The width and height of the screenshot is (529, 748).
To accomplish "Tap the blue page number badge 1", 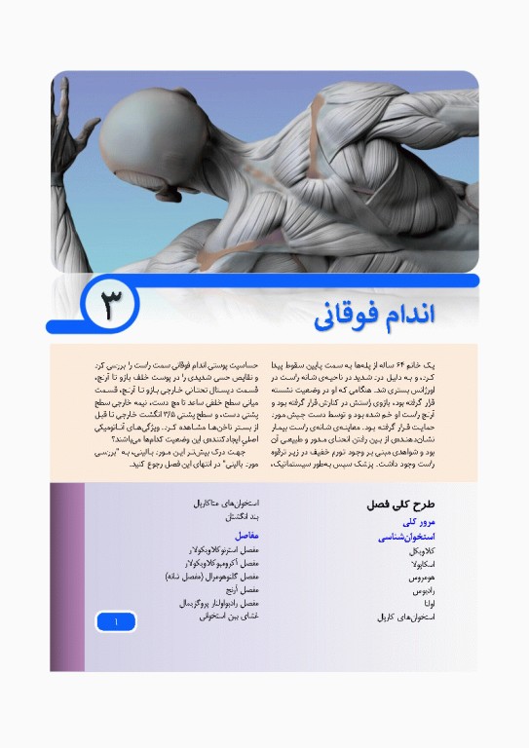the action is [x=115, y=620].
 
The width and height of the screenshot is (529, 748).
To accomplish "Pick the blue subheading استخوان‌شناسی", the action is [x=407, y=537].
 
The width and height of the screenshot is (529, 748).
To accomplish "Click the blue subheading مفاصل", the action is [x=246, y=535].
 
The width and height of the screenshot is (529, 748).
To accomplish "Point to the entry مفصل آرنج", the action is [x=240, y=589].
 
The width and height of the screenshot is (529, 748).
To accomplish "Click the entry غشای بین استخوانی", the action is [x=226, y=617].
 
